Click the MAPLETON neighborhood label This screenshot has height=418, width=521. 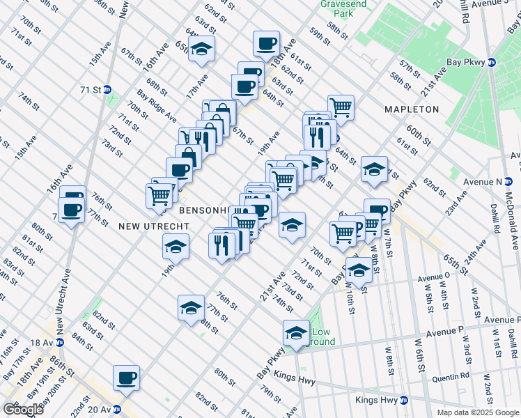tap(412, 109)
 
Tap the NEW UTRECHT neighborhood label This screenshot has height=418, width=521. tap(146, 226)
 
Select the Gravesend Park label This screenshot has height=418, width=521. tap(339, 8)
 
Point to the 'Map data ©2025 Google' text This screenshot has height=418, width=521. tap(478, 412)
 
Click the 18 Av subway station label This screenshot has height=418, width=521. tap(41, 343)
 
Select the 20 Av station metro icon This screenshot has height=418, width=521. tap(117, 410)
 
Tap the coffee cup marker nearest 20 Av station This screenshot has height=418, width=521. tap(126, 378)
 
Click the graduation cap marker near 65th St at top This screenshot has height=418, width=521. tap(201, 49)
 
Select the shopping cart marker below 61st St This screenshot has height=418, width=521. tap(341, 107)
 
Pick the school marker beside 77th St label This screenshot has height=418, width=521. tap(191, 307)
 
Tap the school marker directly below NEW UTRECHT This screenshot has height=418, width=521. tap(176, 246)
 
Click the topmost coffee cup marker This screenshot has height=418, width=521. tap(265, 44)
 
